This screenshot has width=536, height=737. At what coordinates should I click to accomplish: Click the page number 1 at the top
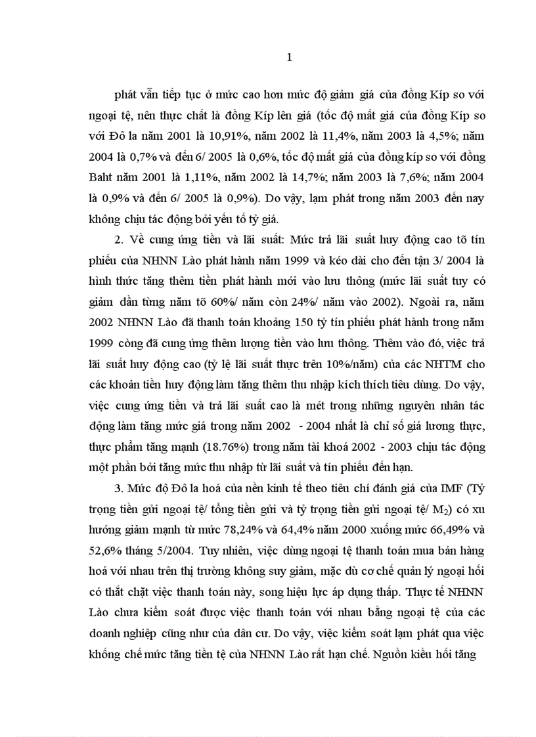tap(289, 58)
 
